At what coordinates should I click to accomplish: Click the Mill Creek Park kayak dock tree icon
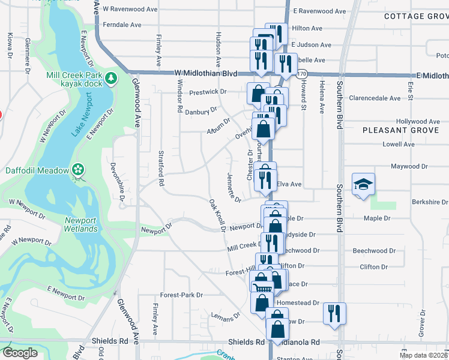(x=110, y=78)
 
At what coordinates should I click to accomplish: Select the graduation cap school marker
(x=363, y=184)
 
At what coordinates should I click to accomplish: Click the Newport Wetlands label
(x=81, y=224)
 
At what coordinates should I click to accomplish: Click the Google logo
(x=20, y=352)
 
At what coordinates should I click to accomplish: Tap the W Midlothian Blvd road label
(x=206, y=73)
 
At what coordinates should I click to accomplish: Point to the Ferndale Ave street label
(x=122, y=25)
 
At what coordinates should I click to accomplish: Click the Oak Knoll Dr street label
(x=217, y=215)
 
